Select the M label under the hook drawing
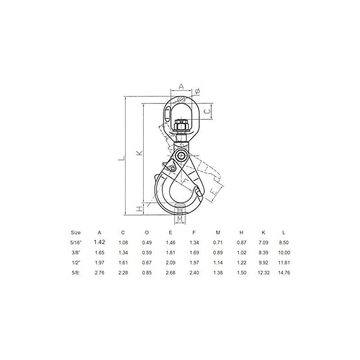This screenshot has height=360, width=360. point(180,219)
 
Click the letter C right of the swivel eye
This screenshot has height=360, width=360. point(208,110)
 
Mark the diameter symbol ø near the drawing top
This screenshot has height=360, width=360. point(198,91)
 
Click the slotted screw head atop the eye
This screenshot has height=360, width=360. point(180,100)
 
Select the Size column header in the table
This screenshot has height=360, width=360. point(76,233)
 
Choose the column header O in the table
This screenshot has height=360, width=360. point(147,233)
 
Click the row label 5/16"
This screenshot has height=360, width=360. point(76,242)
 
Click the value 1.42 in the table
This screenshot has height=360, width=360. point(99,242)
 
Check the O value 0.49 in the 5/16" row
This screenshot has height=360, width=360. point(147,242)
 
